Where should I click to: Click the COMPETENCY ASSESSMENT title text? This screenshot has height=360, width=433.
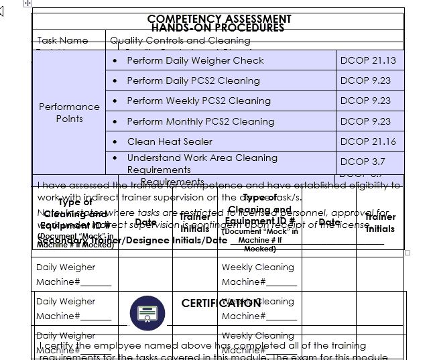click(x=219, y=19)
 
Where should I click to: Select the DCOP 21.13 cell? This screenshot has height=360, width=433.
click(x=368, y=60)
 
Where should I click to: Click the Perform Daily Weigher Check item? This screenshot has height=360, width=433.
click(x=195, y=60)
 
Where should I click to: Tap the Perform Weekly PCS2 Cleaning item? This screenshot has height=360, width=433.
click(x=198, y=101)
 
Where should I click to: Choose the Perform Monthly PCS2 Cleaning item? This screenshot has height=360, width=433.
click(x=200, y=121)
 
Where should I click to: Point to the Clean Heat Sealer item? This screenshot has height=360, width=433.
click(x=170, y=141)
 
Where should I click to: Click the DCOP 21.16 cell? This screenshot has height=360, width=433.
click(x=368, y=141)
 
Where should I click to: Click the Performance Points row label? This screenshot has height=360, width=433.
click(x=69, y=113)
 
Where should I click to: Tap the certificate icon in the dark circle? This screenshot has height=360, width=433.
click(x=147, y=313)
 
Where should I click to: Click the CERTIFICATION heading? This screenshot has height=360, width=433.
click(x=221, y=303)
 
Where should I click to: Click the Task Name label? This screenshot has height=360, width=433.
click(x=62, y=41)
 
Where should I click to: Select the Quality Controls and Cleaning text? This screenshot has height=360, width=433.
click(x=180, y=41)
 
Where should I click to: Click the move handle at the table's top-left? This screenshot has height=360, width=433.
click(x=27, y=3)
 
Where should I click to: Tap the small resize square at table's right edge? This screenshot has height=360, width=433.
click(x=408, y=253)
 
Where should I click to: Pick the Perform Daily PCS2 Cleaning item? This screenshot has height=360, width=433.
click(x=193, y=80)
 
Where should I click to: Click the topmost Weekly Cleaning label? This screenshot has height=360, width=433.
click(x=257, y=267)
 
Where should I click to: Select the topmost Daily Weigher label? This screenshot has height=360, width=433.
click(x=66, y=267)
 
